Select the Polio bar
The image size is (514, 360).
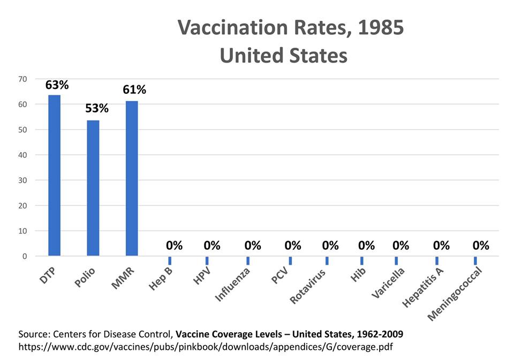pyautogui.click(x=93, y=188)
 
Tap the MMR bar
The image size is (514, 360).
pyautogui.click(x=132, y=178)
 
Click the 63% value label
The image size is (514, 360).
pyautogui.click(x=57, y=85)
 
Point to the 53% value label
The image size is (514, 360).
pyautogui.click(x=96, y=109)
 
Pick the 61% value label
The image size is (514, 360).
pyautogui.click(x=134, y=89)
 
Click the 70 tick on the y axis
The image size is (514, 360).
pyautogui.click(x=22, y=79)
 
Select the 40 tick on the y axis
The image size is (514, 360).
pyautogui.click(x=22, y=155)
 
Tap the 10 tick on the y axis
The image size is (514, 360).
pyautogui.click(x=22, y=231)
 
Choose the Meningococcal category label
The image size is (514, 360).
pyautogui.click(x=455, y=294)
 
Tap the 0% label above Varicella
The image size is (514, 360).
pyautogui.click(x=400, y=246)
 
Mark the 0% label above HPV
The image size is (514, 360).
pyautogui.click(x=212, y=246)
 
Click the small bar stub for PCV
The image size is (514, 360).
pyautogui.click(x=290, y=260)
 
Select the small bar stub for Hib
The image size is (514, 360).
pyautogui.click(x=362, y=260)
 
